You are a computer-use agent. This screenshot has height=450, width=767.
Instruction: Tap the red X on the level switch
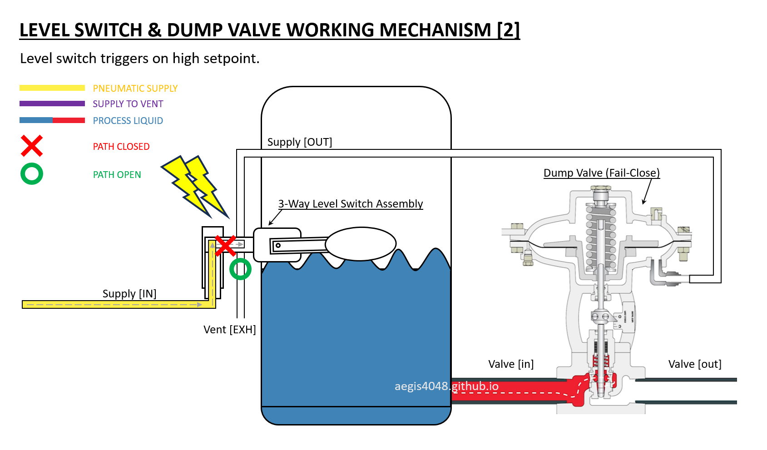click(225, 246)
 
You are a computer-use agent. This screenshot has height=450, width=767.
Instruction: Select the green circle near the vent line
click(240, 269)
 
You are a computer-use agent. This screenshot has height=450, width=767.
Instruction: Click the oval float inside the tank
click(361, 244)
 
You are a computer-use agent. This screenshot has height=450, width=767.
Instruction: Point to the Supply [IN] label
click(129, 294)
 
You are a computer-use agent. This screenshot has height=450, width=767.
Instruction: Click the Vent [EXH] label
click(230, 330)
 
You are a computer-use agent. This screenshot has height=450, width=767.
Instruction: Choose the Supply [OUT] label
click(300, 142)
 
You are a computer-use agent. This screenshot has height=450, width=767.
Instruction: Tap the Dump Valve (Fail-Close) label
click(602, 173)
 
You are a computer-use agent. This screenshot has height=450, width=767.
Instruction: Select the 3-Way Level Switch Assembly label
click(350, 204)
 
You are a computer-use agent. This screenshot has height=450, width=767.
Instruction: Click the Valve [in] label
click(511, 364)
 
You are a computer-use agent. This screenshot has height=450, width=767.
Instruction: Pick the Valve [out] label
click(695, 364)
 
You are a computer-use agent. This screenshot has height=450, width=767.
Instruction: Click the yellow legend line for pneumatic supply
click(52, 88)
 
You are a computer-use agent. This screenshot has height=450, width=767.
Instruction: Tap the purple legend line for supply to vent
click(52, 104)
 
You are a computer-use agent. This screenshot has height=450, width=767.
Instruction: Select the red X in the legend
click(32, 146)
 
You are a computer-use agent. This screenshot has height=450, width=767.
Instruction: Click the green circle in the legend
click(32, 174)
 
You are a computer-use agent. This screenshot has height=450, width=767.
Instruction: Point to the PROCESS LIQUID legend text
click(128, 121)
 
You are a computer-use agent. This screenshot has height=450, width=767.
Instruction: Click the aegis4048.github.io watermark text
click(446, 386)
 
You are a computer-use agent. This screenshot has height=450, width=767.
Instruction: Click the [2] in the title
click(508, 30)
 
